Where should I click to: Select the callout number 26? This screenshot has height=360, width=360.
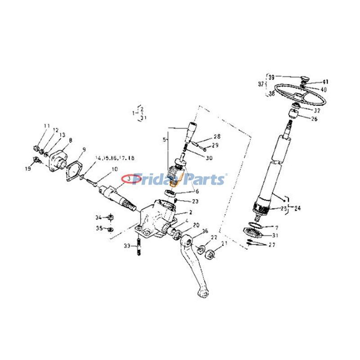(314, 119)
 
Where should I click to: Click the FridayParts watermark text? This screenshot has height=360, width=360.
(180, 180)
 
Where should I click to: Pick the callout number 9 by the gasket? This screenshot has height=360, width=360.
(84, 150)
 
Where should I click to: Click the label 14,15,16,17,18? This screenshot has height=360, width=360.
(114, 158)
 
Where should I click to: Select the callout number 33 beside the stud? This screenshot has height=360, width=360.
(127, 246)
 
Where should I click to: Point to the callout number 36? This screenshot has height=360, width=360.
(205, 231)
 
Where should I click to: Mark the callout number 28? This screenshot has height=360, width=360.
(217, 136)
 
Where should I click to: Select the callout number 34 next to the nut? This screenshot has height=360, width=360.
(98, 218)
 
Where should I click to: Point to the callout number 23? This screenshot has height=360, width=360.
(194, 201)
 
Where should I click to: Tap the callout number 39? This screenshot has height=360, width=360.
(271, 77)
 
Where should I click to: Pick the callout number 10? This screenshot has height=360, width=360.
(114, 169)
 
